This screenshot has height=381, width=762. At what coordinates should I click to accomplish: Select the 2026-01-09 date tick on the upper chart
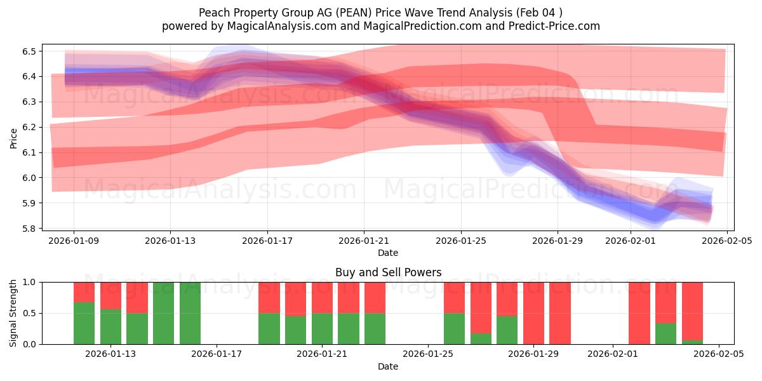[74, 241]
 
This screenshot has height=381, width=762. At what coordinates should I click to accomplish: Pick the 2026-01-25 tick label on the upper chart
[460, 241]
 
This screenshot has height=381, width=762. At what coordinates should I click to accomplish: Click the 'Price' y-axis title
[14, 138]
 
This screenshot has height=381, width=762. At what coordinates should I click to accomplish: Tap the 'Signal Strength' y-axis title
[14, 313]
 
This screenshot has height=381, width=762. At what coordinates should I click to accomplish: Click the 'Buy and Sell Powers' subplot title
[388, 272]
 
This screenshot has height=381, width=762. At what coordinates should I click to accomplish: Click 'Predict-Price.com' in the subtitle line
[552, 26]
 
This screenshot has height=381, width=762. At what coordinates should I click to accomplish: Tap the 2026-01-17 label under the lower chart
[217, 354]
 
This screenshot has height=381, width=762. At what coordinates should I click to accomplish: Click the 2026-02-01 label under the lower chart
[613, 354]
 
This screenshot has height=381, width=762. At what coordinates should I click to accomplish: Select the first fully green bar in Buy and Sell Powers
[163, 313]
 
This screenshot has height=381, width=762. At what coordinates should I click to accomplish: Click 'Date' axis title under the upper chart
[388, 253]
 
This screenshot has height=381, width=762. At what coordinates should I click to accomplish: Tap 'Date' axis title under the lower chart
[388, 366]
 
